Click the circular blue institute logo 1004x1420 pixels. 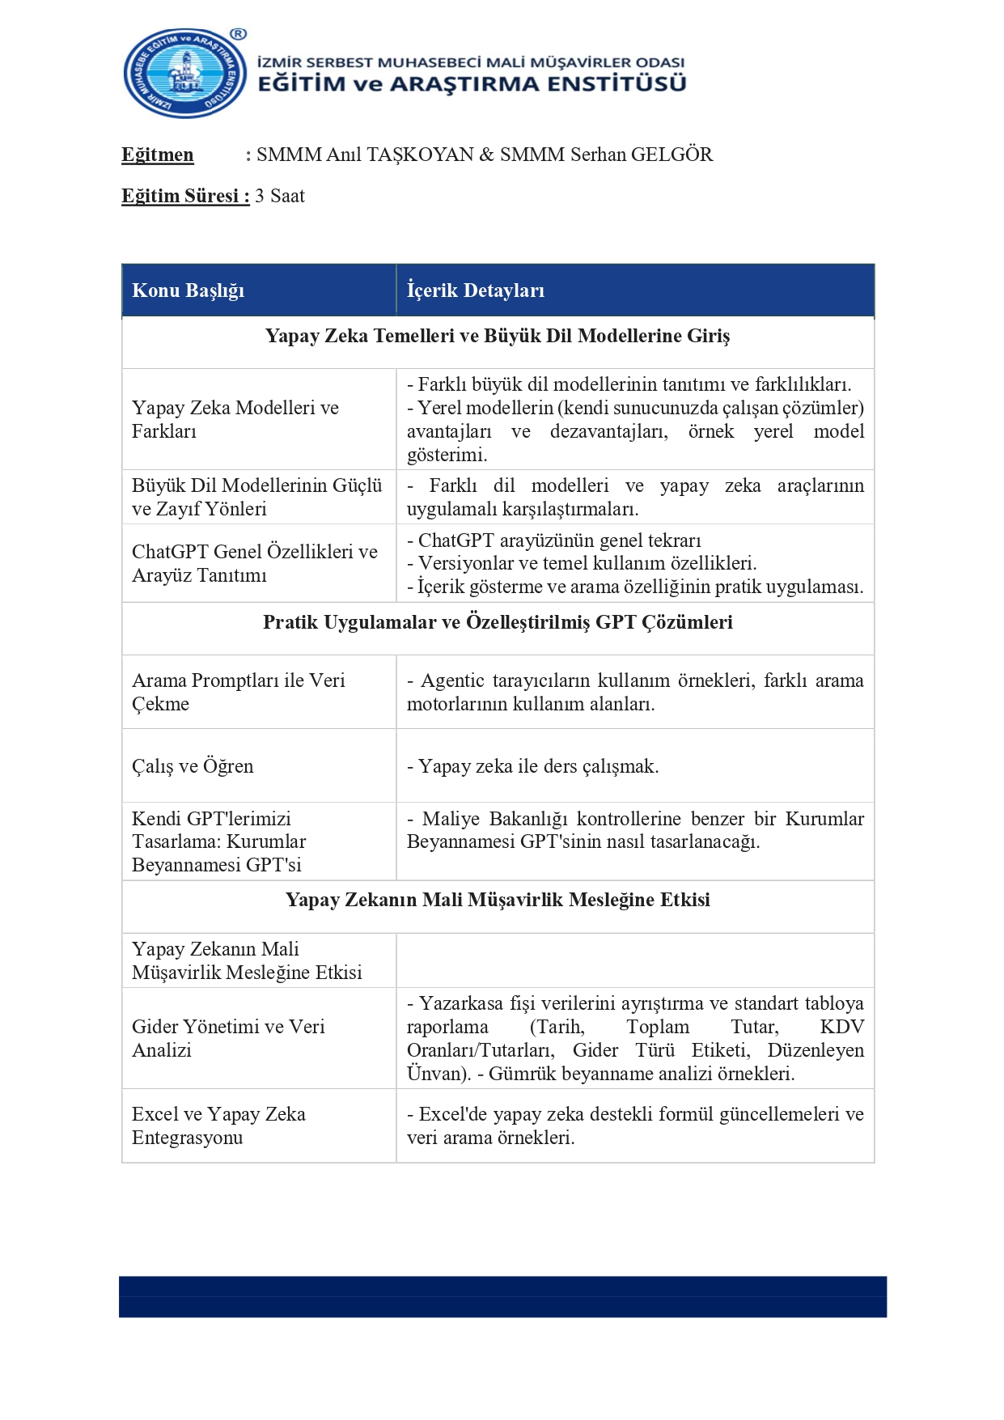(185, 74)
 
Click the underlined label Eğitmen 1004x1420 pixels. (158, 155)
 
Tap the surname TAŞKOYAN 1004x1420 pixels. (420, 155)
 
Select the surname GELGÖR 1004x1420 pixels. (671, 155)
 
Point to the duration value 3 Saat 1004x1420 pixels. (280, 196)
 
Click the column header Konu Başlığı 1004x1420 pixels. (188, 290)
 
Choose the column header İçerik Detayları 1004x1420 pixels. (475, 290)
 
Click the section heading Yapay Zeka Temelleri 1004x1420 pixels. (498, 336)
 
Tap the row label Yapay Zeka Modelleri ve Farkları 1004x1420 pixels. (235, 419)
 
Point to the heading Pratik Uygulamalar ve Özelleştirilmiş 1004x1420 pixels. (498, 622)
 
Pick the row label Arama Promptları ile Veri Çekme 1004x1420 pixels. (238, 692)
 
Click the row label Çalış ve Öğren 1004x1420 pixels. (193, 766)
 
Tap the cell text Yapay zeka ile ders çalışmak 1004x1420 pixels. (538, 766)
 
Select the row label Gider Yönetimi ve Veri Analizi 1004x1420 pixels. (228, 1038)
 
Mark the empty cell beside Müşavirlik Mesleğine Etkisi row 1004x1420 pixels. (635, 960)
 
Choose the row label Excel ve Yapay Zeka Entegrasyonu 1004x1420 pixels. (218, 1125)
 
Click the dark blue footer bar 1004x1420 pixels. (502, 1296)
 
